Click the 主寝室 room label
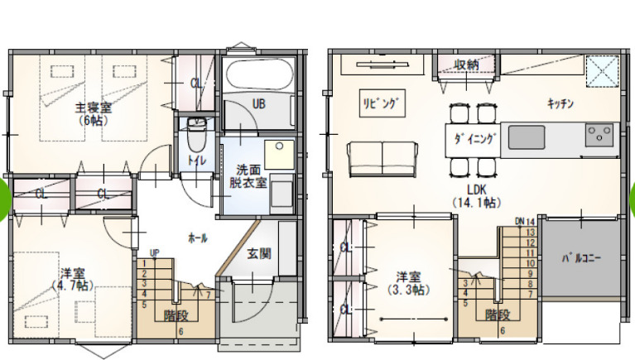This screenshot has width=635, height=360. coord(94,108)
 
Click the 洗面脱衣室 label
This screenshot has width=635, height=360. coord(248,176)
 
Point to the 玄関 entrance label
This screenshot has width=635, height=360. coord(259,254)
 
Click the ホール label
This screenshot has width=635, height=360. coord(198,238)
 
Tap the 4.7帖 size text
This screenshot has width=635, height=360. coord(73,286)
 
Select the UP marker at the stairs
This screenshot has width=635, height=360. coord(154,253)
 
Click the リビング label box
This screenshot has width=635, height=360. coord(382,103)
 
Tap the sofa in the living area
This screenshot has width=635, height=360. coord(382,159)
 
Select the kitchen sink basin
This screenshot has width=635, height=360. coord(527,137)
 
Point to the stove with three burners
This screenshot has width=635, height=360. coord(599,135)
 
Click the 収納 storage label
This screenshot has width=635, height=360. coord(467,65)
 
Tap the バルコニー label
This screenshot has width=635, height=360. coord(581,258)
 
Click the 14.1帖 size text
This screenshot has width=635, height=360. coord(477,202)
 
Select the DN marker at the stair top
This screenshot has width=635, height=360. coord(520,222)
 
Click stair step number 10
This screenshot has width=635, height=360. coord(531,263)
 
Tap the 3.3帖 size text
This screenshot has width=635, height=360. coord(409,290)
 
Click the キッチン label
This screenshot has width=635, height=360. coord(560,103)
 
